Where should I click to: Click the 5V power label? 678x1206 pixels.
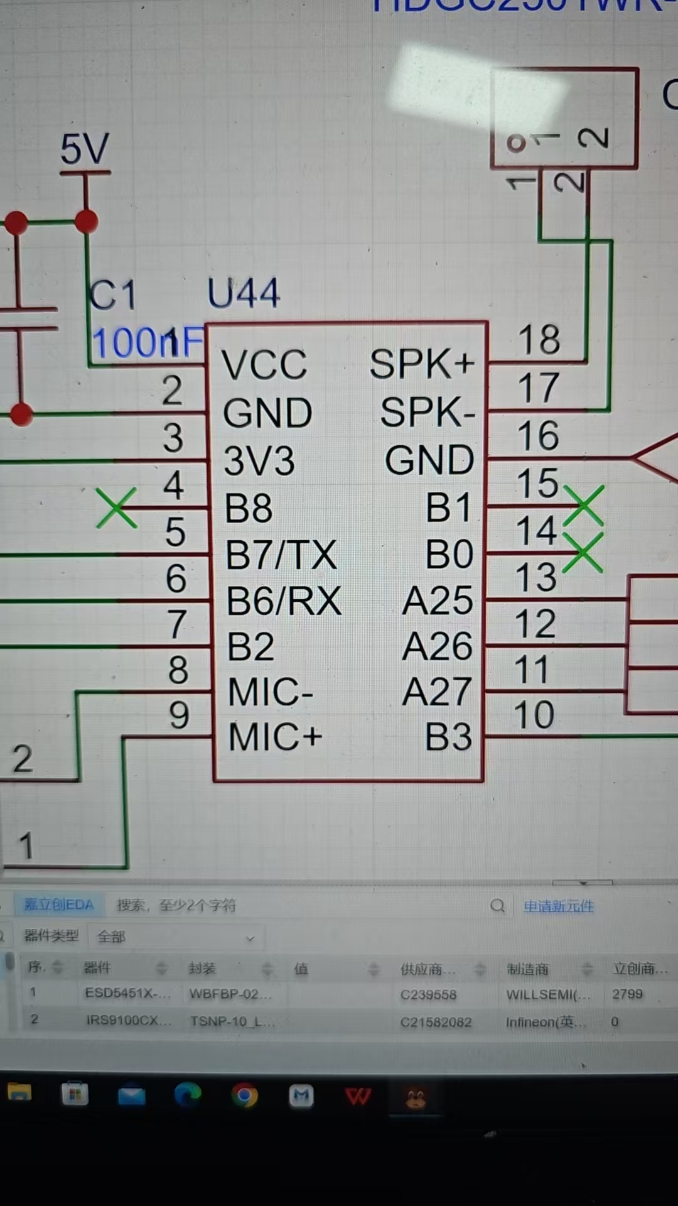pyautogui.click(x=85, y=149)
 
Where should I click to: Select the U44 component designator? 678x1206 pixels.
pyautogui.click(x=243, y=293)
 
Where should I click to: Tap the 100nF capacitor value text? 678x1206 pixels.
pyautogui.click(x=148, y=343)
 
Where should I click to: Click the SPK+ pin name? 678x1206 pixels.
pyautogui.click(x=421, y=364)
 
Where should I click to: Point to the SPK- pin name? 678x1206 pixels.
pyautogui.click(x=428, y=413)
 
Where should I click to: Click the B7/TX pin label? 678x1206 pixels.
pyautogui.click(x=281, y=555)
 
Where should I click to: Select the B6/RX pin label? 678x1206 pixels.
pyautogui.click(x=284, y=601)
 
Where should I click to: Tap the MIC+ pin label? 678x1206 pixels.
pyautogui.click(x=275, y=737)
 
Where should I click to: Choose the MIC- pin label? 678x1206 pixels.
pyautogui.click(x=271, y=692)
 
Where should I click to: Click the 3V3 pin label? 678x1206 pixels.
pyautogui.click(x=259, y=460)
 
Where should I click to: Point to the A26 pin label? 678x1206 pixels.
pyautogui.click(x=437, y=646)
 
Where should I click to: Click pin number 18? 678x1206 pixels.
pyautogui.click(x=539, y=340)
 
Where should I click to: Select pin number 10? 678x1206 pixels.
pyautogui.click(x=534, y=715)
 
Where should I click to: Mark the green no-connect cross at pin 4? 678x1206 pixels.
pyautogui.click(x=117, y=508)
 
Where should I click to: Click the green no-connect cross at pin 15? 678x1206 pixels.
pyautogui.click(x=583, y=505)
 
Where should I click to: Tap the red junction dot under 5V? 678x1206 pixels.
pyautogui.click(x=86, y=222)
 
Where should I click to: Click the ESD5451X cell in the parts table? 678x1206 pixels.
pyautogui.click(x=127, y=994)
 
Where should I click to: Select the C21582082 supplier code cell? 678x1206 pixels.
pyautogui.click(x=436, y=1022)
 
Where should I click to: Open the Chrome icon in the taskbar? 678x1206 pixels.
pyautogui.click(x=245, y=1096)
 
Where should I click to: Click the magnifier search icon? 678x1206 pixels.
pyautogui.click(x=497, y=906)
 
